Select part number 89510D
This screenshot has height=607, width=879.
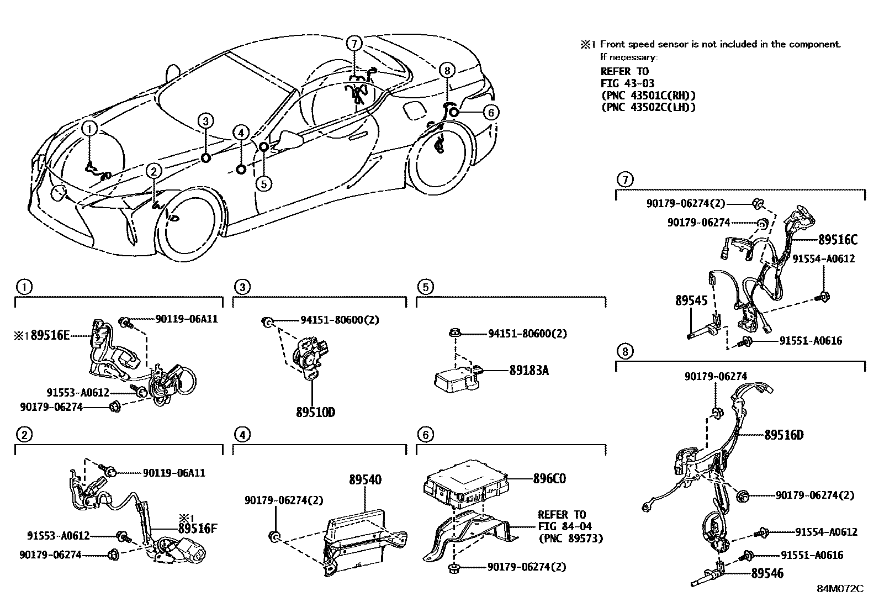tap(315, 412)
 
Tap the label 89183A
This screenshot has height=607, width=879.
tap(529, 371)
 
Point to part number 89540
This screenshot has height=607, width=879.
tap(365, 479)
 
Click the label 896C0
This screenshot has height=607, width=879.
tap(549, 478)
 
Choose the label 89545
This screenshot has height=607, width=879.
tap(691, 301)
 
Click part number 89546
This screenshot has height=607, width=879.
tap(767, 573)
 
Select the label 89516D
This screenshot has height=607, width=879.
tap(784, 435)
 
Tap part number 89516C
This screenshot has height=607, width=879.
tap(838, 240)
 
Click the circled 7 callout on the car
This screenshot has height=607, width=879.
tap(354, 43)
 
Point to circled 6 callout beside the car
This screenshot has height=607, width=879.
tap(490, 113)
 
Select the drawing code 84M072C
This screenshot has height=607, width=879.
tap(840, 589)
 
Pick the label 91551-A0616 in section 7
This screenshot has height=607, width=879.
tap(811, 341)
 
